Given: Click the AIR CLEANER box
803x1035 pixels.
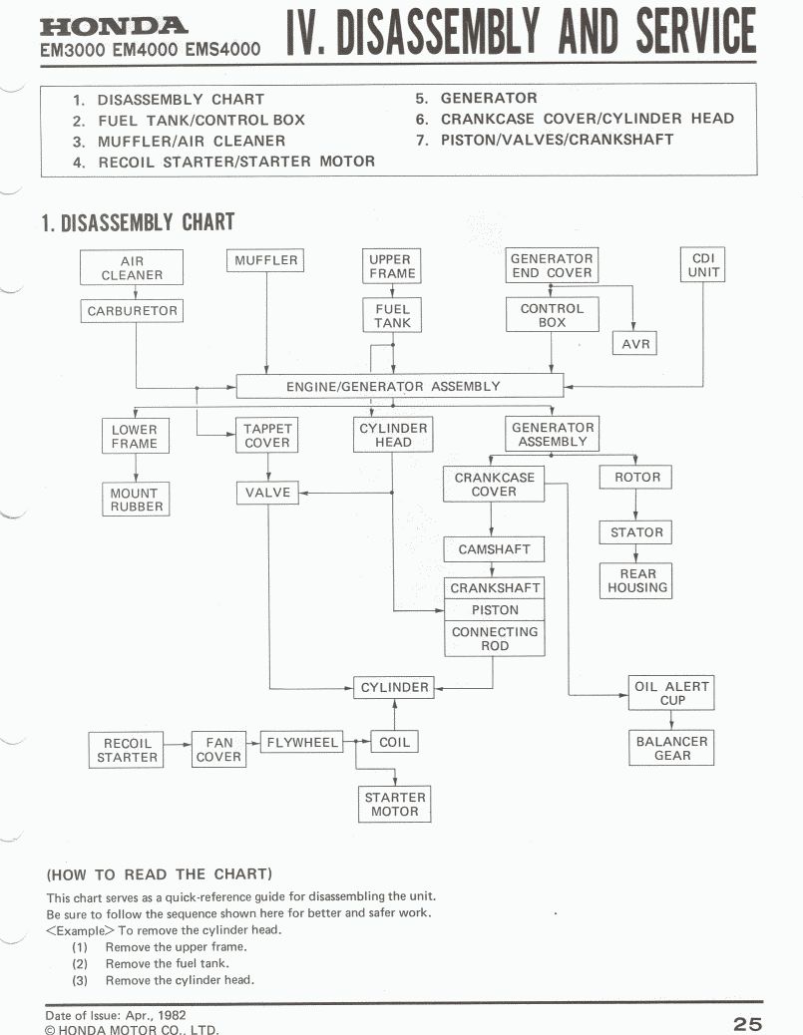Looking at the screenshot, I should (132, 268).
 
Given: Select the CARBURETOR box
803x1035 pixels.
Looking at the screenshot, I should (132, 311).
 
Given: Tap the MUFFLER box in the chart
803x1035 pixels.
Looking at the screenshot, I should (266, 261).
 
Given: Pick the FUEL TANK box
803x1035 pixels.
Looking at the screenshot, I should (393, 316).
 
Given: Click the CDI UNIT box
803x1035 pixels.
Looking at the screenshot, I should (702, 265).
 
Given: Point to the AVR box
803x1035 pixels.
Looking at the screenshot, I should (635, 344).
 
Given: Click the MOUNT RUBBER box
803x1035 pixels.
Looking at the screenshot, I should (134, 500).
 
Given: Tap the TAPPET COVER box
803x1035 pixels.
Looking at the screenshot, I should (267, 436).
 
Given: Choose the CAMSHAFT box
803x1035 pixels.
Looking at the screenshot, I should (495, 549).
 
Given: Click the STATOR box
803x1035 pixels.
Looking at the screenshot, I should (636, 532).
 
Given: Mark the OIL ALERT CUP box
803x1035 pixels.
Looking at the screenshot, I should (671, 693).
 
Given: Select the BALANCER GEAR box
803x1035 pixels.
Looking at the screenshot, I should (671, 748).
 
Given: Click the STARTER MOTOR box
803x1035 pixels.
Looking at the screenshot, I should (395, 804).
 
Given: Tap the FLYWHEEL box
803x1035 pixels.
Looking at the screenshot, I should (300, 742).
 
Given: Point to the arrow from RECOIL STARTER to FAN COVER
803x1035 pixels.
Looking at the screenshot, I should (178, 744).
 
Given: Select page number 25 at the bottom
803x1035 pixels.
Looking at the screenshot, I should (746, 1023).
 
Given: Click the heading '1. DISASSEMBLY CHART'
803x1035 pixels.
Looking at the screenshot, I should (138, 221).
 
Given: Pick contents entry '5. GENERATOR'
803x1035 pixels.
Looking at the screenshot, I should (477, 98).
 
